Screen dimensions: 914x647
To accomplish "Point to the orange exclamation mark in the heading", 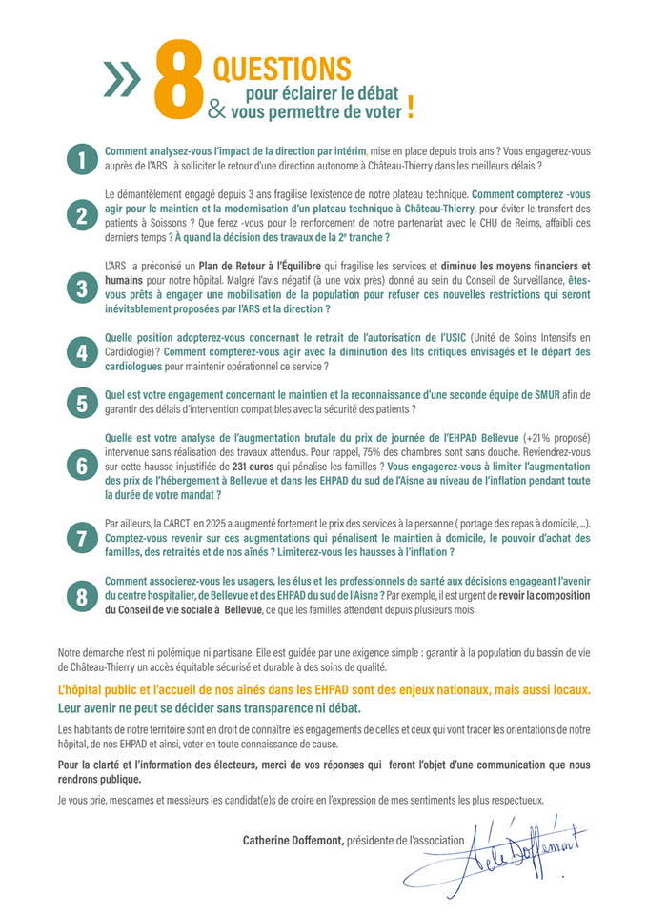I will [411, 108].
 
